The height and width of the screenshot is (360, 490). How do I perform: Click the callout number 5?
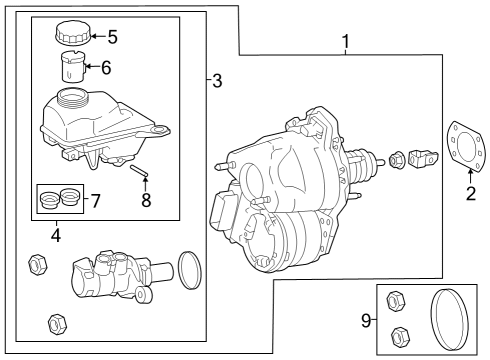(113, 37)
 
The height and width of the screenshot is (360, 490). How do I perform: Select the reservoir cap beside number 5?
(73, 32)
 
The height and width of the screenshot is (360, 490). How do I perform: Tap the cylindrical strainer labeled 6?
(73, 66)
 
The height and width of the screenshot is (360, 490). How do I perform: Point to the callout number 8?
(146, 200)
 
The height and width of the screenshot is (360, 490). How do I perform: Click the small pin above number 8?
(138, 170)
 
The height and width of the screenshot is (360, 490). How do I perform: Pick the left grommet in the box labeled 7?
(49, 199)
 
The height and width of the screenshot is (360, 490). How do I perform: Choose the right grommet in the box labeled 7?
(70, 197)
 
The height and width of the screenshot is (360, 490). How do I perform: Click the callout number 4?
(56, 235)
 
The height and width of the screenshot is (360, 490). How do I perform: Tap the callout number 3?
(217, 81)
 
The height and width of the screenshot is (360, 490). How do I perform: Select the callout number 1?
(346, 41)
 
